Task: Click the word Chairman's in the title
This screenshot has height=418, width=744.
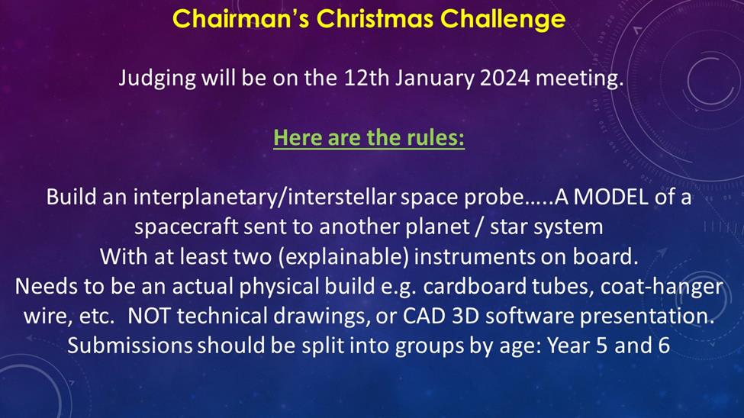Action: (x=241, y=19)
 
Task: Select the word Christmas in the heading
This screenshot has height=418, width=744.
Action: (x=375, y=19)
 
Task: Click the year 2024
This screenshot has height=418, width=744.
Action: (x=505, y=78)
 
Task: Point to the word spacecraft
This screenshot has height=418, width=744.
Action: (x=186, y=227)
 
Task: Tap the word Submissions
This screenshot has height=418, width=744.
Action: (x=130, y=346)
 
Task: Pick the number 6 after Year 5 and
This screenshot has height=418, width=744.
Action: (x=665, y=346)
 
